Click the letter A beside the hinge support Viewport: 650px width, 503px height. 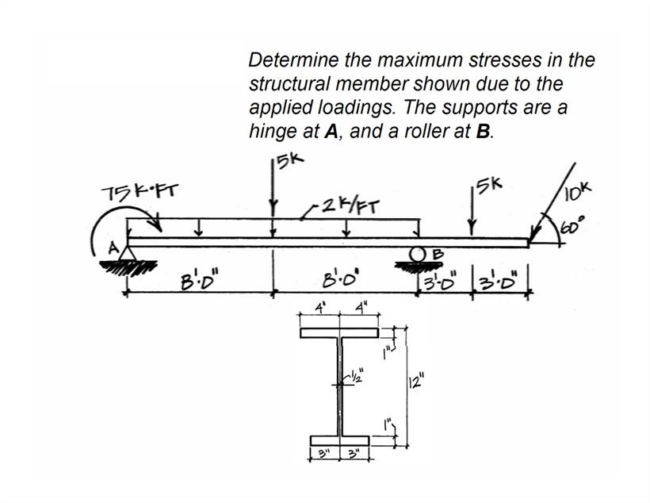[114, 248]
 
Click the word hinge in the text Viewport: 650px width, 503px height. [271, 132]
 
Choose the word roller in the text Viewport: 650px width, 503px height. [428, 132]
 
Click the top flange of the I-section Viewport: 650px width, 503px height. [340, 334]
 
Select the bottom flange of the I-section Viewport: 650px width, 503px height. [340, 440]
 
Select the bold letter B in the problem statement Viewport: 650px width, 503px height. [482, 132]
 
